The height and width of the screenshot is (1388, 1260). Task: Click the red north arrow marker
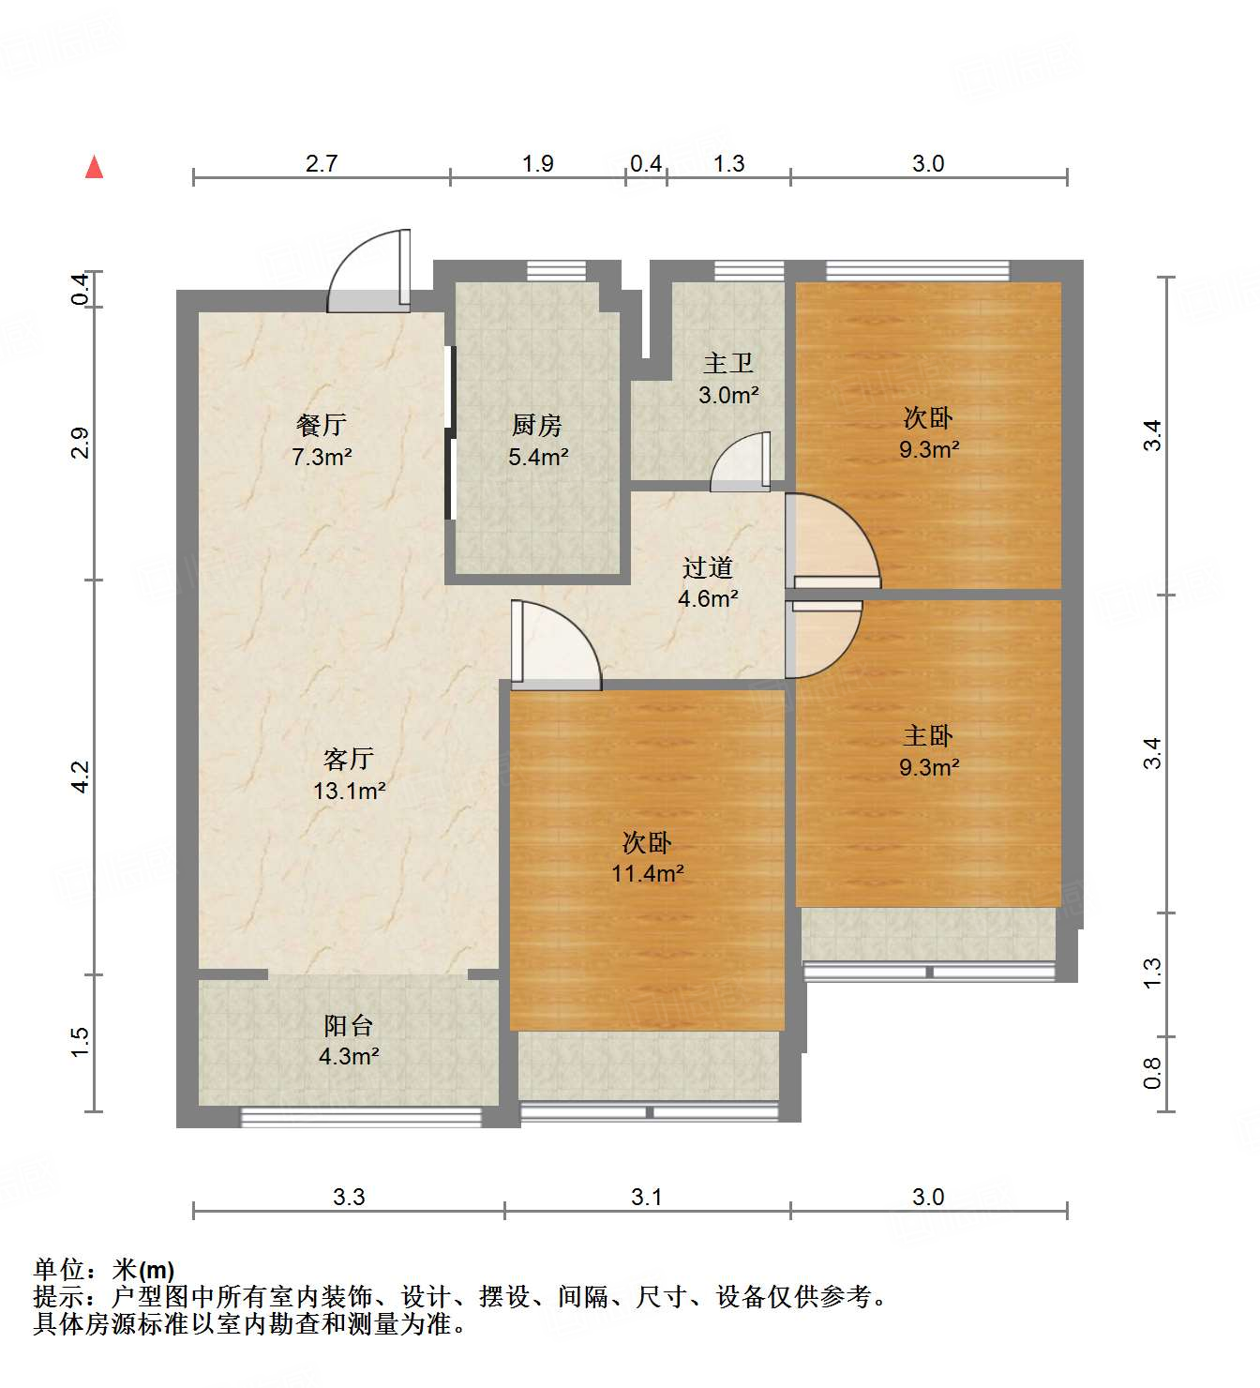click(94, 167)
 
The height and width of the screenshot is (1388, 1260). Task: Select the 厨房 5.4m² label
click(538, 441)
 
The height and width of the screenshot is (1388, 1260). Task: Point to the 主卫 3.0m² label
click(728, 379)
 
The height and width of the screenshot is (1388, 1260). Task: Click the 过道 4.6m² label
click(708, 582)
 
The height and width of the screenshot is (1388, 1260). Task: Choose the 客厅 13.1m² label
click(349, 775)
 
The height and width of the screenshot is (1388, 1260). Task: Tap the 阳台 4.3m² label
click(349, 1041)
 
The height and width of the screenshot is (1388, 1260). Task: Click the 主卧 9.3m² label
click(928, 751)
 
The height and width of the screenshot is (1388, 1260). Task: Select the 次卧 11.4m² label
click(647, 857)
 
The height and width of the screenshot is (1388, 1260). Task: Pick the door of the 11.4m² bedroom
click(553, 647)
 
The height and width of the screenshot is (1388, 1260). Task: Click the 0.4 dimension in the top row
click(646, 164)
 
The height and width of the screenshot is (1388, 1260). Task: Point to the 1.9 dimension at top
click(538, 164)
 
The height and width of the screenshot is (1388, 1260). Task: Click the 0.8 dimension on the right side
click(1152, 1073)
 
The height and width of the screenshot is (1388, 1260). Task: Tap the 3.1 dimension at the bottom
click(647, 1197)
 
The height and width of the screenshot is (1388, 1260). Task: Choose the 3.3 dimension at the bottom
click(349, 1197)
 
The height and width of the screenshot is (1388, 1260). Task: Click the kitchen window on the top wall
click(556, 271)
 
